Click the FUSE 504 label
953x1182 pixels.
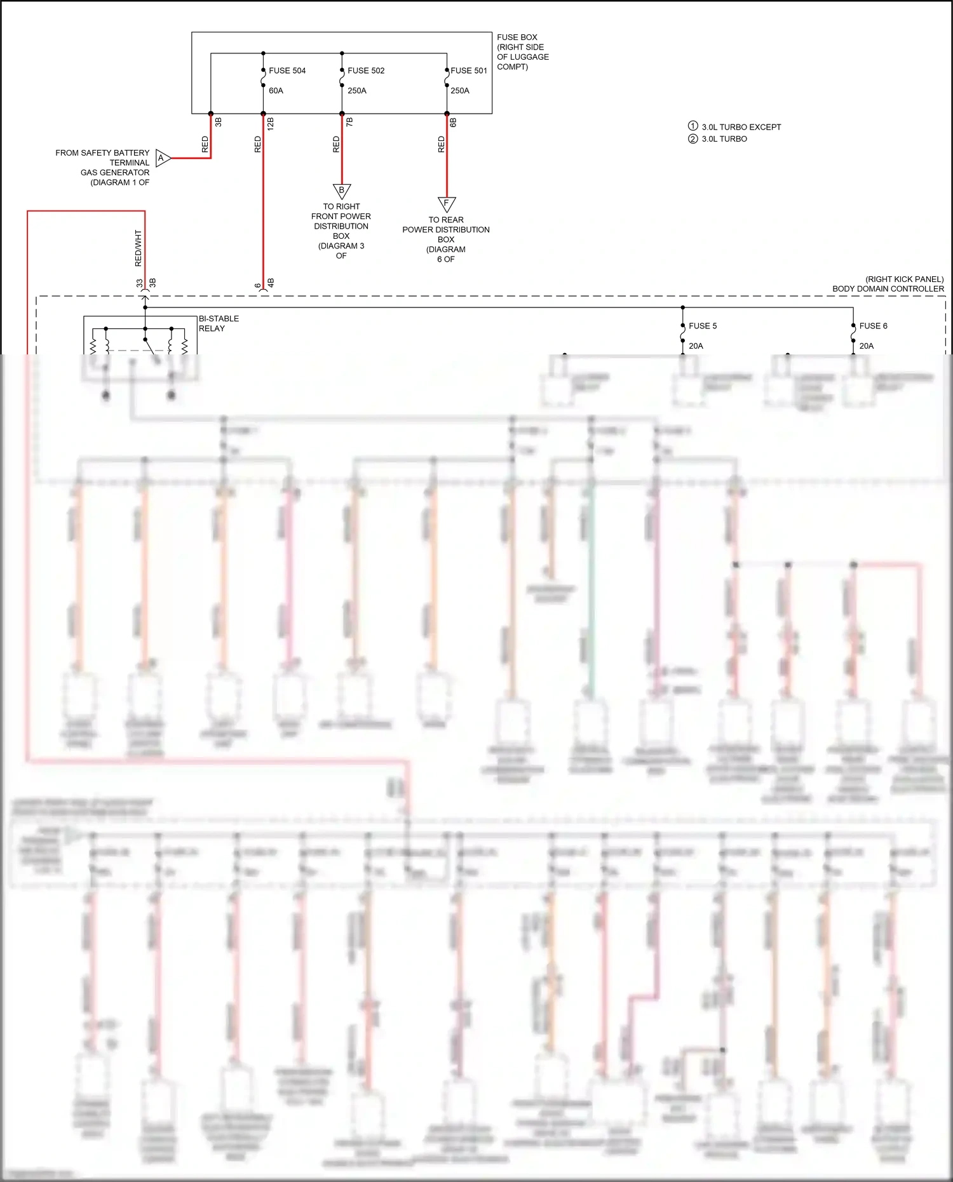(287, 71)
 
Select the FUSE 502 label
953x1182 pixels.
(366, 71)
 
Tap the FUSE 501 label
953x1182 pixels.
(469, 71)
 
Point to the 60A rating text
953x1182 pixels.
(276, 91)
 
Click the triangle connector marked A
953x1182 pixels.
(162, 158)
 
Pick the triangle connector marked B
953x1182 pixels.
(342, 190)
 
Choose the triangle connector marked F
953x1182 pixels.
(447, 203)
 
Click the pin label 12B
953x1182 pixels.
(271, 124)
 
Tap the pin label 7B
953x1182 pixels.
(349, 121)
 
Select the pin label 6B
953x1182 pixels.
(454, 122)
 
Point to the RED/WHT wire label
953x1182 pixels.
(139, 248)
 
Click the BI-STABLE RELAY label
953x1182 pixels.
(219, 323)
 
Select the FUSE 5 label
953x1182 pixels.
(703, 326)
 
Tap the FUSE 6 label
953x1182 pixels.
(873, 326)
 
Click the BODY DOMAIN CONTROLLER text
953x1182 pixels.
(888, 289)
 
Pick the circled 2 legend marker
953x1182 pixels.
(693, 138)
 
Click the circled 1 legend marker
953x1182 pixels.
(693, 126)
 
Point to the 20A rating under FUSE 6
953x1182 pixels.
(867, 346)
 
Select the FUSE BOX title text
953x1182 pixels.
(517, 37)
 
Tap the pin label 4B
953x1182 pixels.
(271, 283)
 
